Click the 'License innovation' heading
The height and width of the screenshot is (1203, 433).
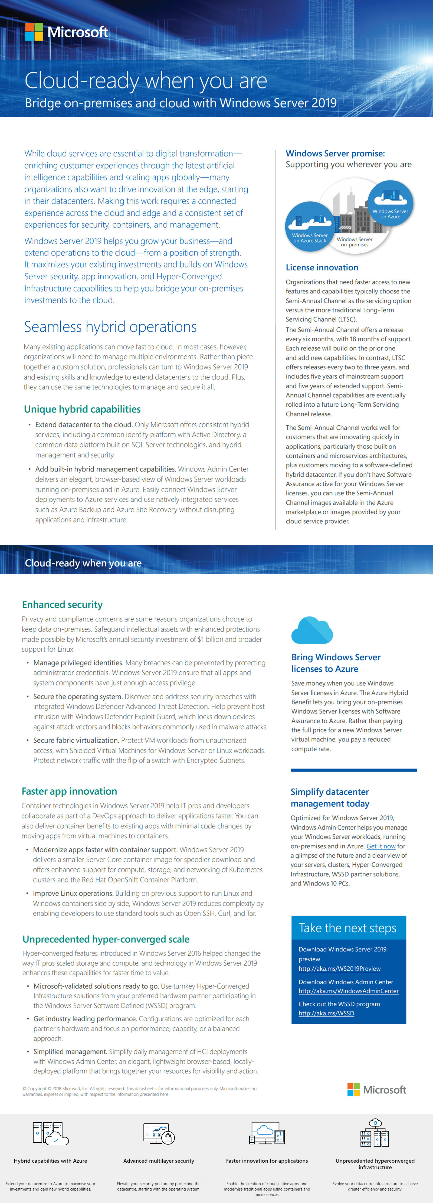tap(322, 268)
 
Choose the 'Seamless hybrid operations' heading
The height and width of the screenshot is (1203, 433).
tap(110, 327)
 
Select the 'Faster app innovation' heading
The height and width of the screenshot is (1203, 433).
tap(69, 791)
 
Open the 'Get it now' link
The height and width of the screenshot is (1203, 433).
tap(381, 846)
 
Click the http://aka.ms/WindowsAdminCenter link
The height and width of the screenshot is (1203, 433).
tap(349, 991)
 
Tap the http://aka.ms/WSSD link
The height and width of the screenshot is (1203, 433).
tap(326, 1014)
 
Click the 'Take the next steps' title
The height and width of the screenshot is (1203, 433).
tap(347, 928)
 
